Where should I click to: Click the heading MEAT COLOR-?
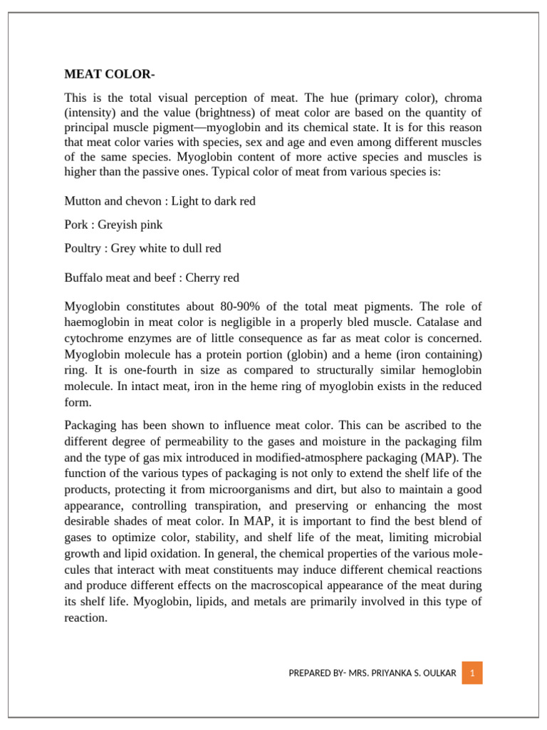coord(110,74)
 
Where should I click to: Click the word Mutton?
coord(83,201)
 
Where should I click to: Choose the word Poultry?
coord(83,248)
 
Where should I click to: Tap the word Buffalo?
coord(84,278)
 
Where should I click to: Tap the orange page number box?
coord(472,673)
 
